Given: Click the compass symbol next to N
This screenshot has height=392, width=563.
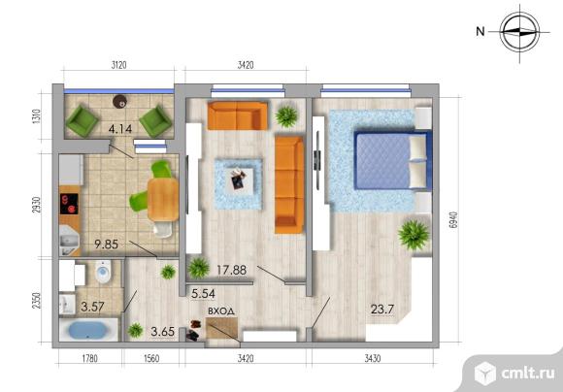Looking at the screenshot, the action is pos(519,32).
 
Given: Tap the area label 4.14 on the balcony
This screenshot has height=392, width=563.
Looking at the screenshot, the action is pos(120,129).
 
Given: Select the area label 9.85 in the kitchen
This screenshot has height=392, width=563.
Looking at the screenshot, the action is pos(106,245).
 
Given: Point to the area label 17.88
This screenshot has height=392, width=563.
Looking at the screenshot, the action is pos(232,270).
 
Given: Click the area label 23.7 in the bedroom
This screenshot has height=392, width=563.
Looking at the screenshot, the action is pos(382,310).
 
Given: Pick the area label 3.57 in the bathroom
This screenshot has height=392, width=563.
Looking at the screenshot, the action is pos(92,307).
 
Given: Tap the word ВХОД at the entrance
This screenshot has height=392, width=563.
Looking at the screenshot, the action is pos(221,311).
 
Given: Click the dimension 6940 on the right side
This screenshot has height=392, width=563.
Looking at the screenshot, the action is pos(453,219).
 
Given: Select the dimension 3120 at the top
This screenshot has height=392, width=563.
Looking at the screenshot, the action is pos(118,65).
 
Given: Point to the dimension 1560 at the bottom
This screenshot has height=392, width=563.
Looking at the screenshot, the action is pos(151,358).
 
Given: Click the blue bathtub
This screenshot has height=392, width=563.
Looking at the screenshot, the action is pos(88,330).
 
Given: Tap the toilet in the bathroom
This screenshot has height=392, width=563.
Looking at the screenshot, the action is pos(104,272).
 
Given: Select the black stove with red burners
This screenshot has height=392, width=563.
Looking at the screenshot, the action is pos(69,204).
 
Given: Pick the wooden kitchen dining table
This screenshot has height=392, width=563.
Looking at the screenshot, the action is pos(163,200).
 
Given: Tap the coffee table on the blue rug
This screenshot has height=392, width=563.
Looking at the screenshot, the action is pos(238,179).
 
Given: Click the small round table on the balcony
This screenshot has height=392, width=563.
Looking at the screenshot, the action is pos(120,102).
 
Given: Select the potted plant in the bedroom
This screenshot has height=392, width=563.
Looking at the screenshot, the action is pos(414,235).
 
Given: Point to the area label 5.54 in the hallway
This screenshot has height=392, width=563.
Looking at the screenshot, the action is pos(203,294).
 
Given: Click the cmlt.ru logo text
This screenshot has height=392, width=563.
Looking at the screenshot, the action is pos(528,374).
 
